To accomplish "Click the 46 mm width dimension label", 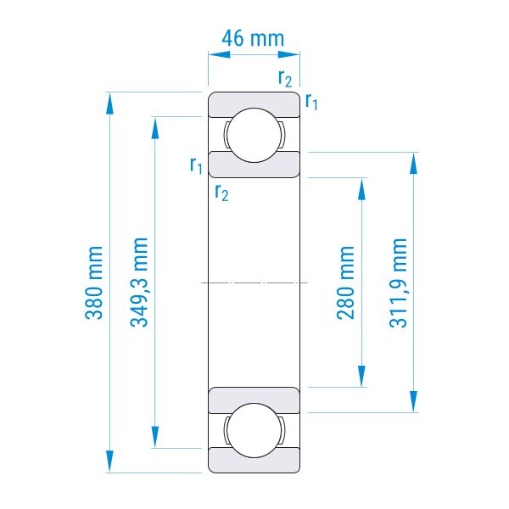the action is click(x=253, y=38).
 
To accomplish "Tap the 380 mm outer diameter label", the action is click(x=94, y=282).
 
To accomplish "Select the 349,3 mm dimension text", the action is click(x=139, y=282).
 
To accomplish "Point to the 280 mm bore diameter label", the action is click(x=346, y=282).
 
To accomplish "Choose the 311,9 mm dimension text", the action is click(x=398, y=282).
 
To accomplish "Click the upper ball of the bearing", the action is click(x=255, y=135).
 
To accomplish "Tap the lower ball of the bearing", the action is click(x=255, y=430).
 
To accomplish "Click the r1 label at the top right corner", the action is click(x=311, y=102).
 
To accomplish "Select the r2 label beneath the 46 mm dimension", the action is click(x=285, y=79).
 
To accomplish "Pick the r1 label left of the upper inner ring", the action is click(x=196, y=165).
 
